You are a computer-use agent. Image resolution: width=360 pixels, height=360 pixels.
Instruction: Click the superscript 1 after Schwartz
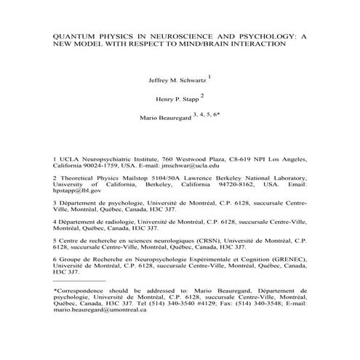coord(210,75)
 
